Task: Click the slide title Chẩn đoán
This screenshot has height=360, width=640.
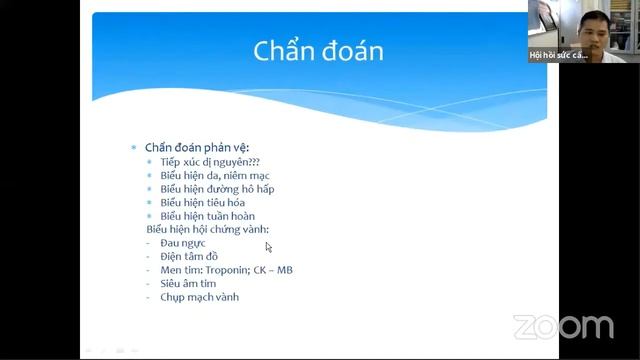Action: (x=318, y=51)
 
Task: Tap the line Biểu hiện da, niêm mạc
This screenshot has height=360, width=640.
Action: (x=215, y=176)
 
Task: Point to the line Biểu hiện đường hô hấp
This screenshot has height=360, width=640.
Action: (x=217, y=189)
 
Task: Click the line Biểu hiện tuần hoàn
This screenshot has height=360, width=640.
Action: (x=207, y=216)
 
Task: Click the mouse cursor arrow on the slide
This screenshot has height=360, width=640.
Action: (x=268, y=246)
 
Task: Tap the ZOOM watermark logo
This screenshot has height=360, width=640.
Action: (x=563, y=327)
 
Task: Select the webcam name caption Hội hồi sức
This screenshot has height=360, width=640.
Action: (x=558, y=55)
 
